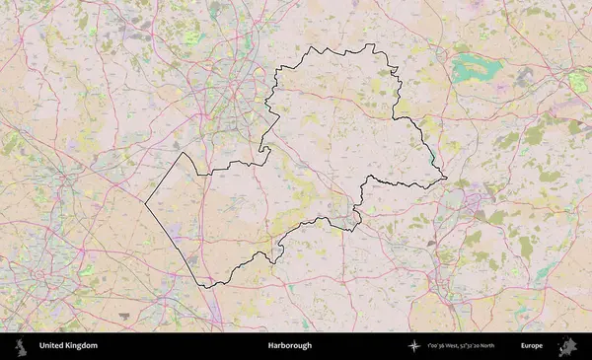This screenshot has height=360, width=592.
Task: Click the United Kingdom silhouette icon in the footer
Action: click(x=19, y=346)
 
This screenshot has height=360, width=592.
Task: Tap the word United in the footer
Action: click(x=51, y=346)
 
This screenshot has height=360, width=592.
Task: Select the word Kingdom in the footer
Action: click(x=82, y=346)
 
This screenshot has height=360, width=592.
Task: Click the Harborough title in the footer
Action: click(x=289, y=346)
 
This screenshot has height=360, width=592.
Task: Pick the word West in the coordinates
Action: click(x=454, y=346)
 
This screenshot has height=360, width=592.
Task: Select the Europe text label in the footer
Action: click(x=532, y=346)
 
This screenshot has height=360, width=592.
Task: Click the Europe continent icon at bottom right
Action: click(x=567, y=346)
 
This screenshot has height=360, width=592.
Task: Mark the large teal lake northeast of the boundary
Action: click(x=477, y=68)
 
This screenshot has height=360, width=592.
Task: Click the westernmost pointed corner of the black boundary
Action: click(x=146, y=203)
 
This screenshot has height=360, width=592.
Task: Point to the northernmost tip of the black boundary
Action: click(x=370, y=44)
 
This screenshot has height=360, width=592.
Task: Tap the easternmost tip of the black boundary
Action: click(x=446, y=180)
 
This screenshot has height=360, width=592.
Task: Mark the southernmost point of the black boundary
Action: click(x=207, y=286)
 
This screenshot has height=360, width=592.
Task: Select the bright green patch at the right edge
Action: click(x=579, y=83)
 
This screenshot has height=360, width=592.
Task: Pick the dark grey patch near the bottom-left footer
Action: click(x=123, y=316)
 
